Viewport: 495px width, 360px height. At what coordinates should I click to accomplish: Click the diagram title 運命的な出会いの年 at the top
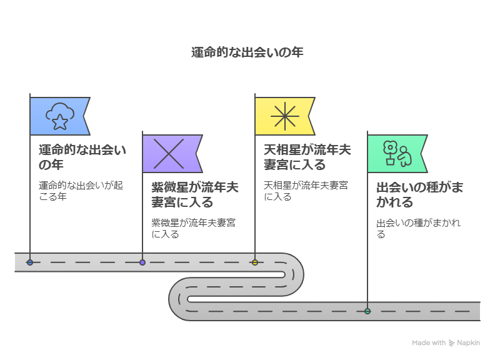click(x=247, y=52)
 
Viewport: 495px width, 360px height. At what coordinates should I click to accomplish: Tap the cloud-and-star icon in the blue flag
click(x=60, y=116)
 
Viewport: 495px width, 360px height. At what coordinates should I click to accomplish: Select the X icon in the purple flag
click(x=168, y=154)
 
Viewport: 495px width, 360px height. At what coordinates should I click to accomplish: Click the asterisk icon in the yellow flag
click(x=284, y=116)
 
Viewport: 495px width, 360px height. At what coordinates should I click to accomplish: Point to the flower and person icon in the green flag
click(x=396, y=154)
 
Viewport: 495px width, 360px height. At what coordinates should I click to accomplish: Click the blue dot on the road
click(x=30, y=262)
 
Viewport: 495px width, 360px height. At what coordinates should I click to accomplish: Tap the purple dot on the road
click(x=142, y=262)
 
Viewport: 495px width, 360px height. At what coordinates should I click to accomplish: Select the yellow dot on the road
click(x=255, y=262)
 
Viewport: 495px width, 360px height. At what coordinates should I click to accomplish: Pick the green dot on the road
click(x=367, y=311)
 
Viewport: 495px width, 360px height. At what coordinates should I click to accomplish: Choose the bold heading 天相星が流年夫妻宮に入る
click(x=307, y=157)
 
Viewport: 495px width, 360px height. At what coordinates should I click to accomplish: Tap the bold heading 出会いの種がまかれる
click(x=419, y=194)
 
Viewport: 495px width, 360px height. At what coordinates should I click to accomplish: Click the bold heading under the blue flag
click(x=82, y=157)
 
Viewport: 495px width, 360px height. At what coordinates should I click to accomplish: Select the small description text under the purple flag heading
click(x=193, y=228)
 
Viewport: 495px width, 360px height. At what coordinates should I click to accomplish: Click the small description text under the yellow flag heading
click(x=306, y=191)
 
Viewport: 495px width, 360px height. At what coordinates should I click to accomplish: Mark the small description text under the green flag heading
click(x=418, y=228)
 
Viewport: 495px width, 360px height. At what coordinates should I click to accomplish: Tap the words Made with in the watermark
click(x=429, y=343)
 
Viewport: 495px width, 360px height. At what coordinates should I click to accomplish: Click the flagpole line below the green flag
click(x=367, y=250)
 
